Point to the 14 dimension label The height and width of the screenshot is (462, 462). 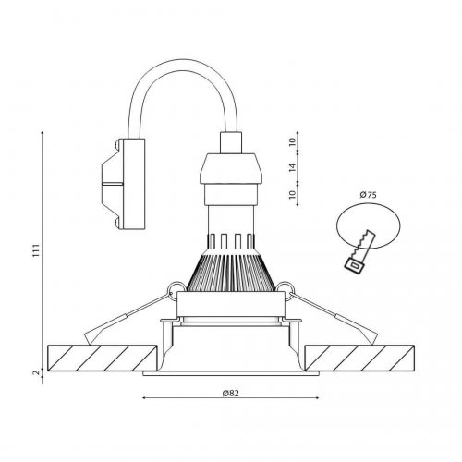pos(291,168)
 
